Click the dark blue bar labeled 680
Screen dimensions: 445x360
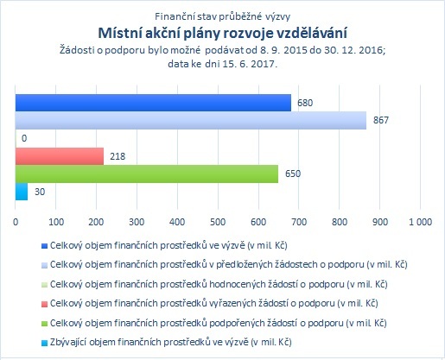pyautogui.click(x=153, y=103)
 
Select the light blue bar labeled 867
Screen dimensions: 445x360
pyautogui.click(x=191, y=120)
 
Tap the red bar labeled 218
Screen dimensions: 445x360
pyautogui.click(x=60, y=156)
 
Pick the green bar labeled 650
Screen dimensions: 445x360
pyautogui.click(x=147, y=174)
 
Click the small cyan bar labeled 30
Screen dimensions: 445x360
pyautogui.click(x=22, y=192)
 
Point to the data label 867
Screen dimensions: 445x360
pyautogui.click(x=381, y=120)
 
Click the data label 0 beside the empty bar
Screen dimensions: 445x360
pyautogui.click(x=24, y=138)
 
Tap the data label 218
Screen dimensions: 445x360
pyautogui.click(x=118, y=156)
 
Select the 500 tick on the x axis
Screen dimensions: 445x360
pyautogui.click(x=218, y=222)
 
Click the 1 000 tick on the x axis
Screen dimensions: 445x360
pyautogui.click(x=421, y=222)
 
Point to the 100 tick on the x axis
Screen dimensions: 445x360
pyautogui.click(x=56, y=222)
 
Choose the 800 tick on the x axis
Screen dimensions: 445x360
pyautogui.click(x=340, y=222)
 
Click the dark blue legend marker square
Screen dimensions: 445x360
pyautogui.click(x=44, y=246)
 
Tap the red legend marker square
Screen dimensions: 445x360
pyautogui.click(x=44, y=304)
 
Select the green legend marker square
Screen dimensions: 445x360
pyautogui.click(x=44, y=324)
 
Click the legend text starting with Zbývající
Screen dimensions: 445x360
pyautogui.click(x=171, y=342)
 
